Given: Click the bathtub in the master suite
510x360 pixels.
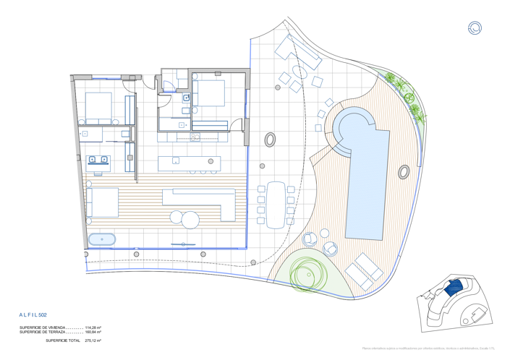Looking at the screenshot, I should coord(101,239).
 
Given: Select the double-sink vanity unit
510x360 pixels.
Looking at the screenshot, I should coord(98,160).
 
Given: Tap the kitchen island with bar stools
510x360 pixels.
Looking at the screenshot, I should coord(189,163).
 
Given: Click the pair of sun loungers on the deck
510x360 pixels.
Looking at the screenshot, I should coord(364,273).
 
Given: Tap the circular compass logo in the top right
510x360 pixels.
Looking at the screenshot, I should coord(475,28).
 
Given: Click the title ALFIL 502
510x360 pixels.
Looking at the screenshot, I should coord(33,315).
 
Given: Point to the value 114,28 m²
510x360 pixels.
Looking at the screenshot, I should coord(93,327).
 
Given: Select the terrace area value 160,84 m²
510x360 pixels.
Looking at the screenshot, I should coord(93,332).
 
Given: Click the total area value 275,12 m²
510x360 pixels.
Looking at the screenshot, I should coord(93,340).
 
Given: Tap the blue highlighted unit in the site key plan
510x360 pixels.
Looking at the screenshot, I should coord(452,288).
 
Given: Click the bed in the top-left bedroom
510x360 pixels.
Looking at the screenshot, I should coord(98,108).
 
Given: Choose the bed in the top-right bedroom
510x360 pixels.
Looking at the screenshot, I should coord(209,93).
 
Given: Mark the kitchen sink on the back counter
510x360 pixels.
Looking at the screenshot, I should coord(194,136).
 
